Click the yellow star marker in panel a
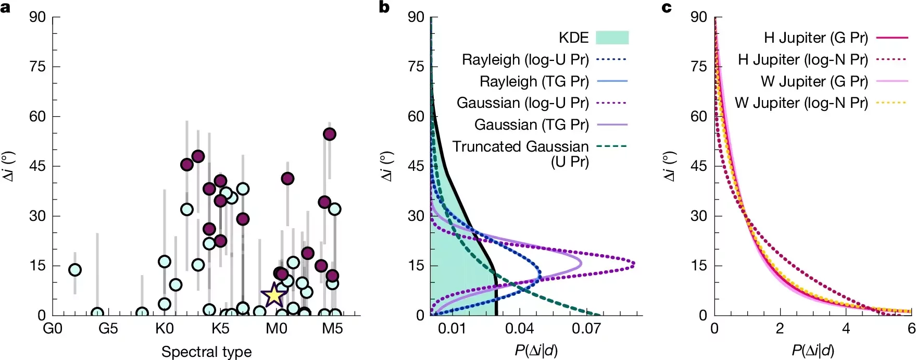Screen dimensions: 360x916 (274, 295)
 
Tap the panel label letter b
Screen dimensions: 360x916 (384, 7)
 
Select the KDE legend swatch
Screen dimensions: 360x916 (612, 38)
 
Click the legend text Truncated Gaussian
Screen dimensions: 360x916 (520, 147)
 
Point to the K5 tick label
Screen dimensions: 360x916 (220, 329)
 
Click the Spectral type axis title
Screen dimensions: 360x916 (206, 352)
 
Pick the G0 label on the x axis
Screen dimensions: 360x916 (52, 329)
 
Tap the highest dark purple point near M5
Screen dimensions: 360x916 (329, 134)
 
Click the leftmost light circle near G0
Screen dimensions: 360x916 (75, 270)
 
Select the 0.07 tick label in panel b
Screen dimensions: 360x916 (586, 329)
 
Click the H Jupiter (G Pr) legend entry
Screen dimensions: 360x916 (815, 38)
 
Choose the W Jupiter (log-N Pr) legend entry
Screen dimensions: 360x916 (801, 103)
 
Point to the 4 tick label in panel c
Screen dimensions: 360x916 (846, 329)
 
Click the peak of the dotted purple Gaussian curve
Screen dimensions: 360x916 (634, 265)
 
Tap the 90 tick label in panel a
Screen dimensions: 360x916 (37, 17)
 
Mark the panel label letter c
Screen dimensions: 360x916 (667, 7)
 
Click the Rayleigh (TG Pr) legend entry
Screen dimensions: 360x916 (534, 81)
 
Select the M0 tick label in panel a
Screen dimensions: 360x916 (277, 329)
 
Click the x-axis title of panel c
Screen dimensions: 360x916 (813, 351)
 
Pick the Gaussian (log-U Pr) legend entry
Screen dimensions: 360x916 (523, 103)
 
